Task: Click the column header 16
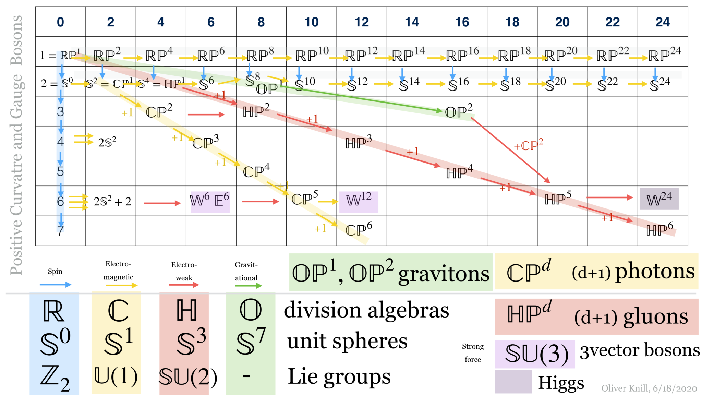462,22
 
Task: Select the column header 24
662,22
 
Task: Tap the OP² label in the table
459,111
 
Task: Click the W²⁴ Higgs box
659,199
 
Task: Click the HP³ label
359,142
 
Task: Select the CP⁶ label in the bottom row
359,229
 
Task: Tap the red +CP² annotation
528,145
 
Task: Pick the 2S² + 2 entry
112,201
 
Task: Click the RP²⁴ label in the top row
664,54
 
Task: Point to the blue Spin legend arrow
55,285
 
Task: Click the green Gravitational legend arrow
248,286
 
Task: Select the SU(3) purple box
535,354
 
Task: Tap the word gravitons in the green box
444,274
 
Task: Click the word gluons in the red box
655,317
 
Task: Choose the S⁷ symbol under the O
251,342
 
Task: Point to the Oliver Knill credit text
649,388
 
